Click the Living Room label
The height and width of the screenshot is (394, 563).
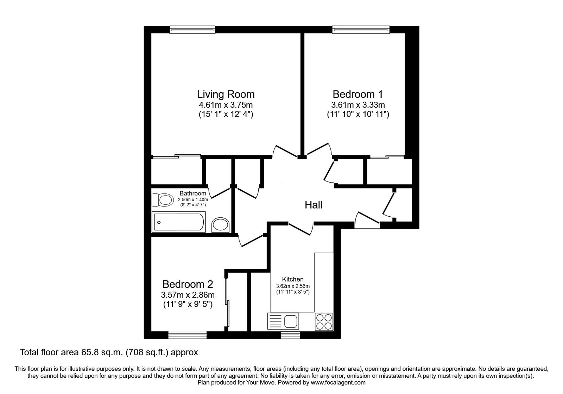point(226,95)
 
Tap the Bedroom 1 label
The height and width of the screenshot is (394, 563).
point(358,95)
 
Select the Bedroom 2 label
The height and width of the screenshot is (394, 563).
point(188,285)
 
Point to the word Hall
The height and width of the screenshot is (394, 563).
point(314,205)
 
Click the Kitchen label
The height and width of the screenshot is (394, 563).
point(293,279)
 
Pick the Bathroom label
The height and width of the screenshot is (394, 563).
point(193,193)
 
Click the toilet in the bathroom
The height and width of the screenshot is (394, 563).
point(163,200)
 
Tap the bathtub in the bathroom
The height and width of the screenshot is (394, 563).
point(178,222)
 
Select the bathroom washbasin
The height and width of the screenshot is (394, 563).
point(220,225)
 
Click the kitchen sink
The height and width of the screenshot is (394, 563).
point(283,321)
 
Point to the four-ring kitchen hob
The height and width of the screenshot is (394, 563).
point(324,322)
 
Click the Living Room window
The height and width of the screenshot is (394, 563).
point(192,30)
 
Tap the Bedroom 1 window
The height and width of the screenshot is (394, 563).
point(361,30)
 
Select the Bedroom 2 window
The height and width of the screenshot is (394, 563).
point(188,335)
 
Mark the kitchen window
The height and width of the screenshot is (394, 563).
point(290,335)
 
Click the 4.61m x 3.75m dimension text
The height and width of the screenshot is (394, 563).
point(226,105)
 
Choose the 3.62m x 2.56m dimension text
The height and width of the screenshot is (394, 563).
point(293,286)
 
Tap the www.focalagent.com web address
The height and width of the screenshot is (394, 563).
point(338,383)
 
